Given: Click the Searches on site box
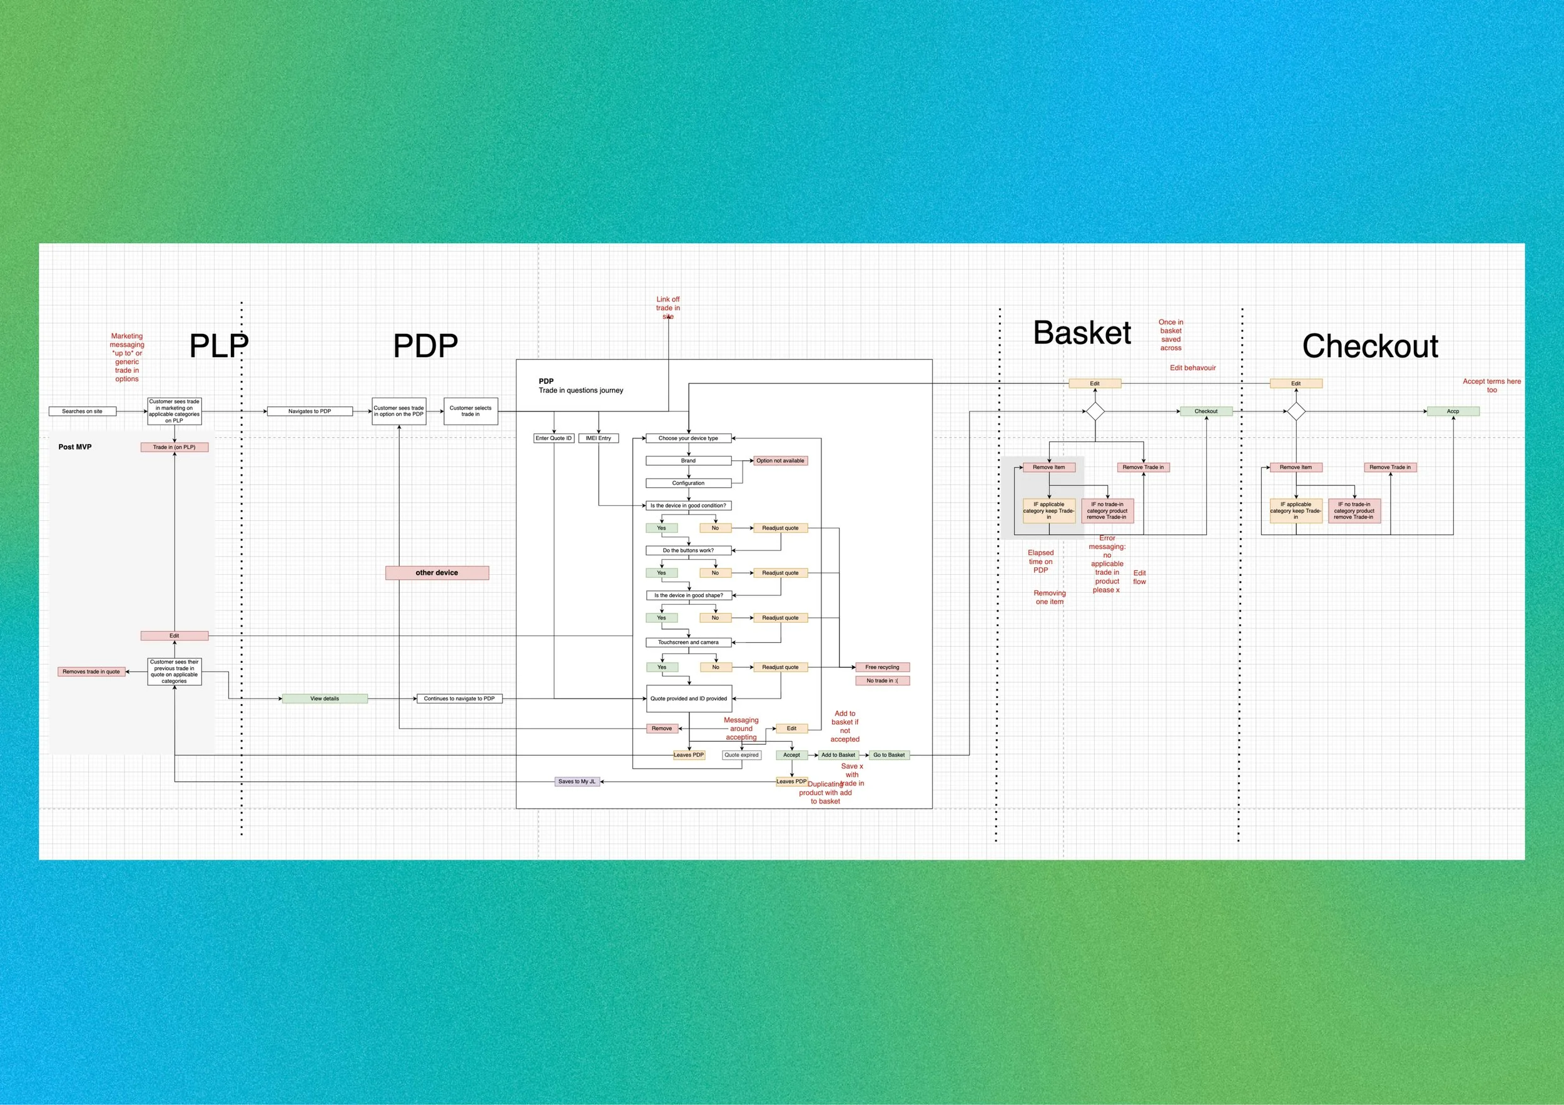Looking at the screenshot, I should coord(83,411).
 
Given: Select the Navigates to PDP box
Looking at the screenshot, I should coord(310,411).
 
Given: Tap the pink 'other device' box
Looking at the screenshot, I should coord(437,573).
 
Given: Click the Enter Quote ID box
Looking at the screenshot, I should coord(554,438).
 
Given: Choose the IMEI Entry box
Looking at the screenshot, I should coord(599,438).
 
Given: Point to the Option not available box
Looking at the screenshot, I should coord(780,461).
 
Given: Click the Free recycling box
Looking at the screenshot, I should coord(882,667).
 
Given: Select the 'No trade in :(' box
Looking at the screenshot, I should coord(882,681).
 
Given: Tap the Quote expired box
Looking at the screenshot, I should coord(741,755).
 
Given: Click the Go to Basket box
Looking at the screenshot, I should coord(889,755).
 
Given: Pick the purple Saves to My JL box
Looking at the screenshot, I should coord(577,782).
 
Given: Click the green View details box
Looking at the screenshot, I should coord(325,699).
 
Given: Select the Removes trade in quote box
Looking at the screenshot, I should coord(91,672).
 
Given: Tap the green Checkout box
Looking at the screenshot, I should coord(1206,411).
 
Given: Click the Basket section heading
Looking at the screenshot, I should coord(1082,333).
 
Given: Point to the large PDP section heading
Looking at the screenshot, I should coord(425,346).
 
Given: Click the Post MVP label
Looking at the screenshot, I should coord(75,447).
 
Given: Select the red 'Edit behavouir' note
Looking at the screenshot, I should coord(1193,368).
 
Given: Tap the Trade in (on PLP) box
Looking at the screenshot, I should coord(175,447).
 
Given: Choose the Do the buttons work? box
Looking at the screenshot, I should coord(689,551).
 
